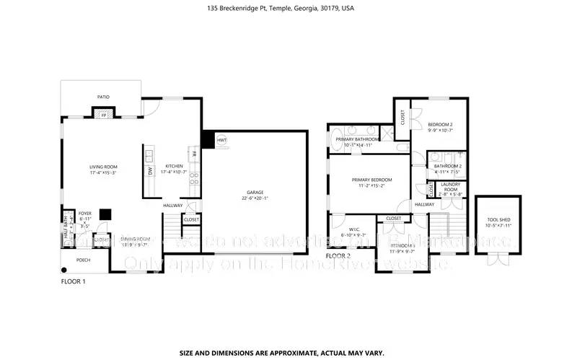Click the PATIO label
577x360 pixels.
click(104, 95)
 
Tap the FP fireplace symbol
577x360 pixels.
click(103, 114)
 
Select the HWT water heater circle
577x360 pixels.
click(222, 141)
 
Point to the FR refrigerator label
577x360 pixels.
click(193, 153)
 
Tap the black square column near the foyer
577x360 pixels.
click(105, 214)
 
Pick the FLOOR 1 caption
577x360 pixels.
click(73, 281)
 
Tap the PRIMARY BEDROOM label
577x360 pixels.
click(371, 180)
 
